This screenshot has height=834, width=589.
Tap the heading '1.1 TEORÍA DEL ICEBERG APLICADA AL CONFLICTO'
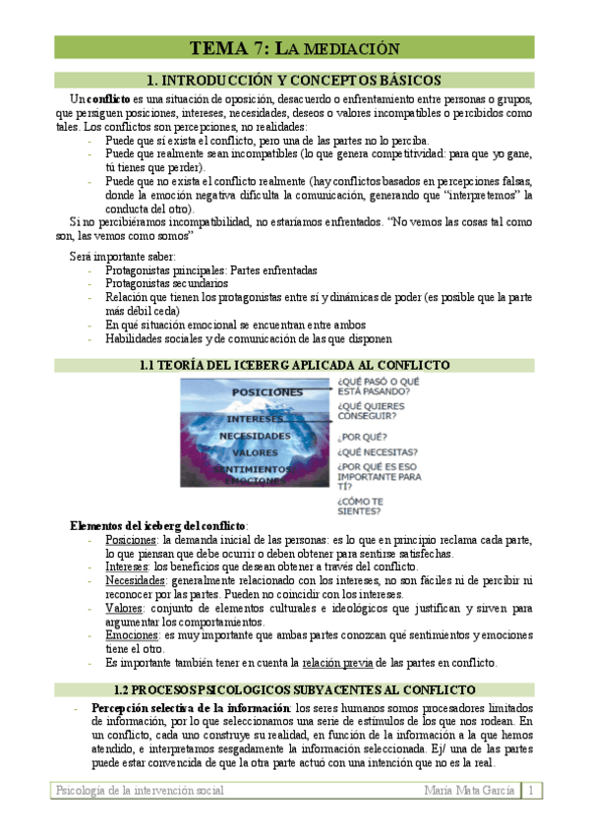(294, 365)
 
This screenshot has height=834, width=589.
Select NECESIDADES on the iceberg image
(255, 435)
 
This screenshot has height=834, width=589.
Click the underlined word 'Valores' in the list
(124, 609)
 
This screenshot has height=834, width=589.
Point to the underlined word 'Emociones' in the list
(131, 636)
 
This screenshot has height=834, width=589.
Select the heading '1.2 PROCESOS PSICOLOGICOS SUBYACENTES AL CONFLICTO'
(294, 689)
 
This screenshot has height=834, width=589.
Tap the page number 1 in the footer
(532, 791)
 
